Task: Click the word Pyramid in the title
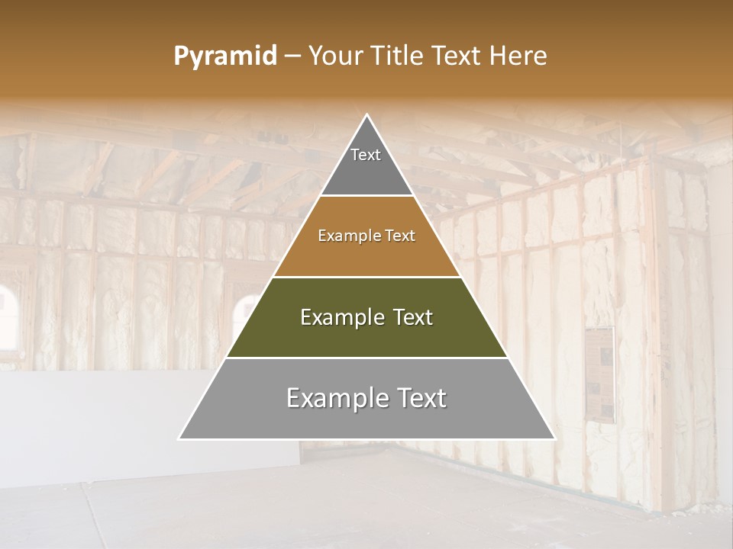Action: (x=224, y=56)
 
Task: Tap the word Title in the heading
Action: (x=400, y=56)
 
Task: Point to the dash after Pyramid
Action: (x=292, y=57)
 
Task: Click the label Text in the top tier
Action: (x=366, y=155)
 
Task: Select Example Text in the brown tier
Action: (x=366, y=236)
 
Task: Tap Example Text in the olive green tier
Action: (x=366, y=317)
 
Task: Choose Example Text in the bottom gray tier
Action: (x=366, y=398)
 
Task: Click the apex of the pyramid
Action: (x=367, y=116)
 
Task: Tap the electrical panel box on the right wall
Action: (x=600, y=374)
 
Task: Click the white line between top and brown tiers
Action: (x=366, y=196)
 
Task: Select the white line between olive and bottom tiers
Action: (x=366, y=358)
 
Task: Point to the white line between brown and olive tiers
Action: (x=366, y=277)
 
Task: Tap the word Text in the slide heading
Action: (x=457, y=56)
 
